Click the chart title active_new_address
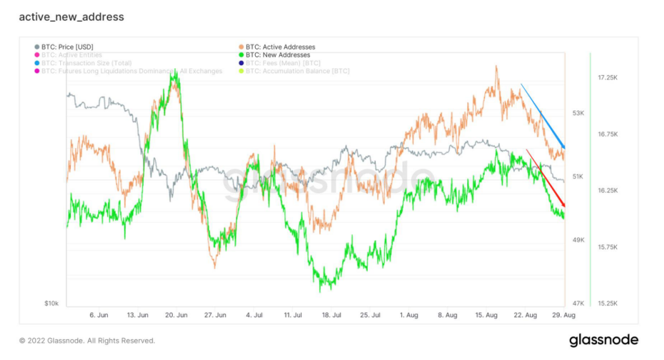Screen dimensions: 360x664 point(72,17)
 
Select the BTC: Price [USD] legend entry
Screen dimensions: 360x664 point(67,47)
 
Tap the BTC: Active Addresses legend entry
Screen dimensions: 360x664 point(280,47)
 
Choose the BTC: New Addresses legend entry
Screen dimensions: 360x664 point(278,55)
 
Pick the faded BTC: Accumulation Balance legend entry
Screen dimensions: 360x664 point(297,71)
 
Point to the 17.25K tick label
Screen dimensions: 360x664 point(608,77)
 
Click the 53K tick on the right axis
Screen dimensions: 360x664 point(577,113)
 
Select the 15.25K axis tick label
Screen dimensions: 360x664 point(608,304)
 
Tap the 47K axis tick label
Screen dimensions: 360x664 point(577,304)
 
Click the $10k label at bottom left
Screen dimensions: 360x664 point(51,304)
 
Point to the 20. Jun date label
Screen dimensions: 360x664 point(177,314)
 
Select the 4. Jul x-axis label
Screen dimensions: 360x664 point(254,314)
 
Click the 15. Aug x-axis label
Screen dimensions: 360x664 point(487,314)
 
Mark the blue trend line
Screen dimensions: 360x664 point(542,115)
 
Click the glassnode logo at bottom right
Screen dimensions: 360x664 point(604,340)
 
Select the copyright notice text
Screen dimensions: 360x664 point(87,341)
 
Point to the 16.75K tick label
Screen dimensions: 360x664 point(608,134)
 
